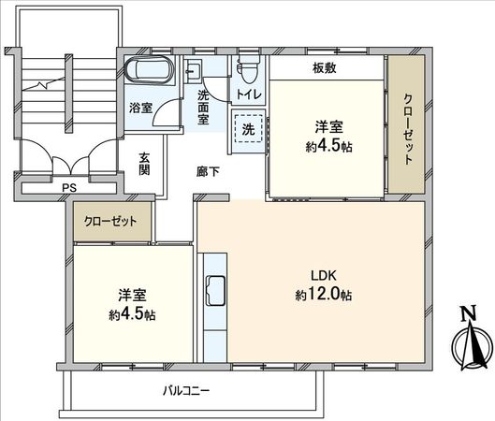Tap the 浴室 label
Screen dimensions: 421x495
(x=140, y=108)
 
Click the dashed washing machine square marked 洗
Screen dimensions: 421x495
(x=248, y=129)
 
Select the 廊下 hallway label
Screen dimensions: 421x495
(x=208, y=172)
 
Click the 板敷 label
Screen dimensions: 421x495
(x=325, y=68)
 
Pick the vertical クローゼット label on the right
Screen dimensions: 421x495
(x=408, y=130)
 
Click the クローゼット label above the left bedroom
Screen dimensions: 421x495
(x=110, y=222)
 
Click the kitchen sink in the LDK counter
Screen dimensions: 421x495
(x=212, y=291)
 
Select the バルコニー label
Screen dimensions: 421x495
(x=185, y=388)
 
